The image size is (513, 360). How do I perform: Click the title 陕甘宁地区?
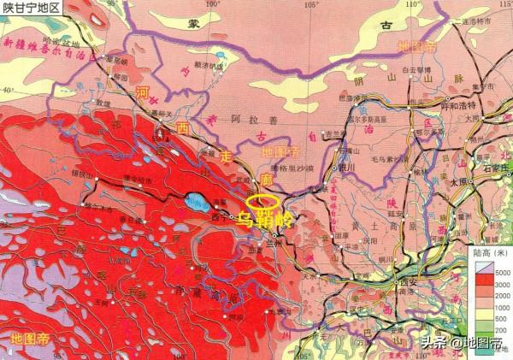(32, 9)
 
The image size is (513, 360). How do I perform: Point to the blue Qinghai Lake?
(195, 204)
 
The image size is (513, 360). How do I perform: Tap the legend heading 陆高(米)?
(490, 254)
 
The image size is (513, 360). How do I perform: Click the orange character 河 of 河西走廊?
(144, 91)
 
